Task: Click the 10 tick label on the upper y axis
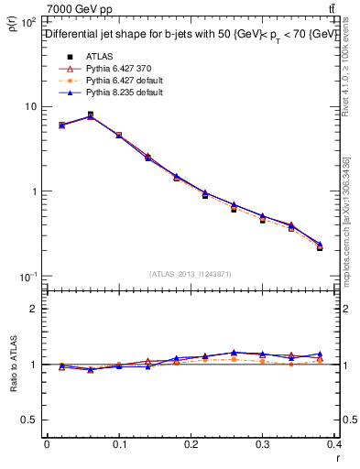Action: (x=30, y=106)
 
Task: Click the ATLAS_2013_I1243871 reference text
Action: (x=191, y=274)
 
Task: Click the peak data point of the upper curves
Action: (x=90, y=115)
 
